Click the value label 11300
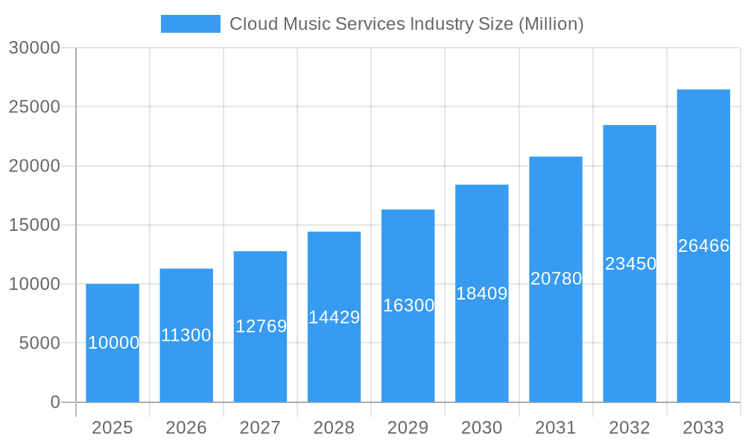tap(186, 335)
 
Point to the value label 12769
tap(261, 326)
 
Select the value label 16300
tap(408, 305)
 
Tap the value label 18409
tap(482, 294)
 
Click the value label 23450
tap(630, 264)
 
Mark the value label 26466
tap(703, 246)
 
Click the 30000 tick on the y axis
tap(34, 48)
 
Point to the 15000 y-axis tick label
tap(34, 225)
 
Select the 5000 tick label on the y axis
tap(39, 343)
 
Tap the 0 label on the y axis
tap(55, 402)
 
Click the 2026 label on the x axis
tap(186, 428)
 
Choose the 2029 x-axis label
tap(408, 428)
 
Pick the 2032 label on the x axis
tap(630, 428)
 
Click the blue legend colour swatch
tap(191, 24)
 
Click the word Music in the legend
tap(302, 24)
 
